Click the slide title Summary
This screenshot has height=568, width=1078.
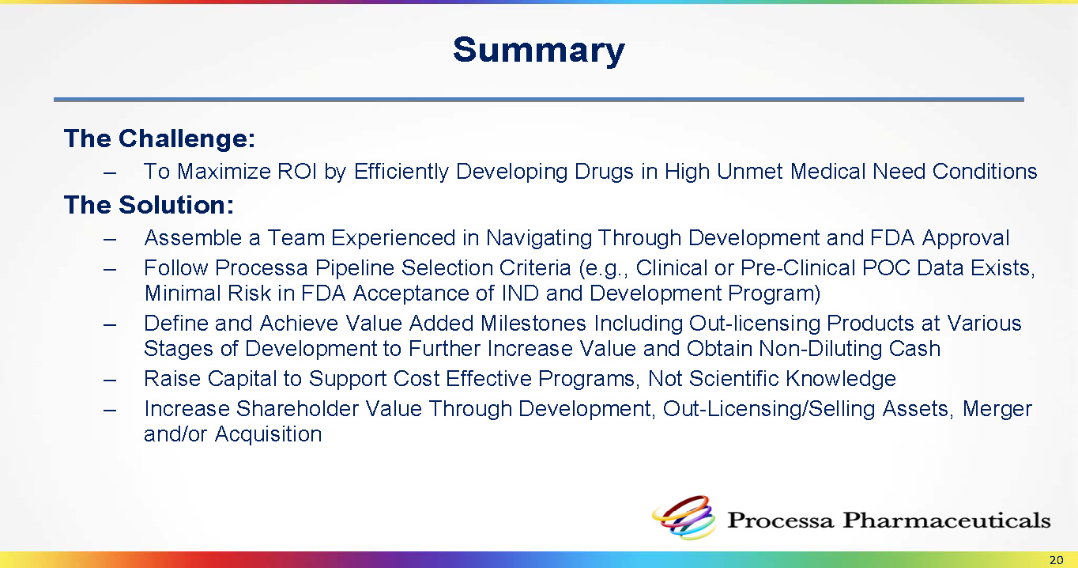[x=538, y=51]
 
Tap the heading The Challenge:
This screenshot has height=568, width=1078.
[x=160, y=138]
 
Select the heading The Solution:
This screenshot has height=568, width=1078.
[x=149, y=205]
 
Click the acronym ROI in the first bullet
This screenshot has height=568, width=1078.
[x=297, y=171]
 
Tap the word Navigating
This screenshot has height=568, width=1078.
[x=538, y=238]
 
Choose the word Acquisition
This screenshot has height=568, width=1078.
[x=268, y=434]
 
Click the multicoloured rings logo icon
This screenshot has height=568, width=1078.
[x=684, y=517]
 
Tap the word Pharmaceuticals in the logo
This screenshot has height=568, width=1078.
[x=946, y=521]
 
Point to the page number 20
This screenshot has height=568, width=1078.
[x=1056, y=560]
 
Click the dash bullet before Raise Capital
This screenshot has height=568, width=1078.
[x=110, y=380]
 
